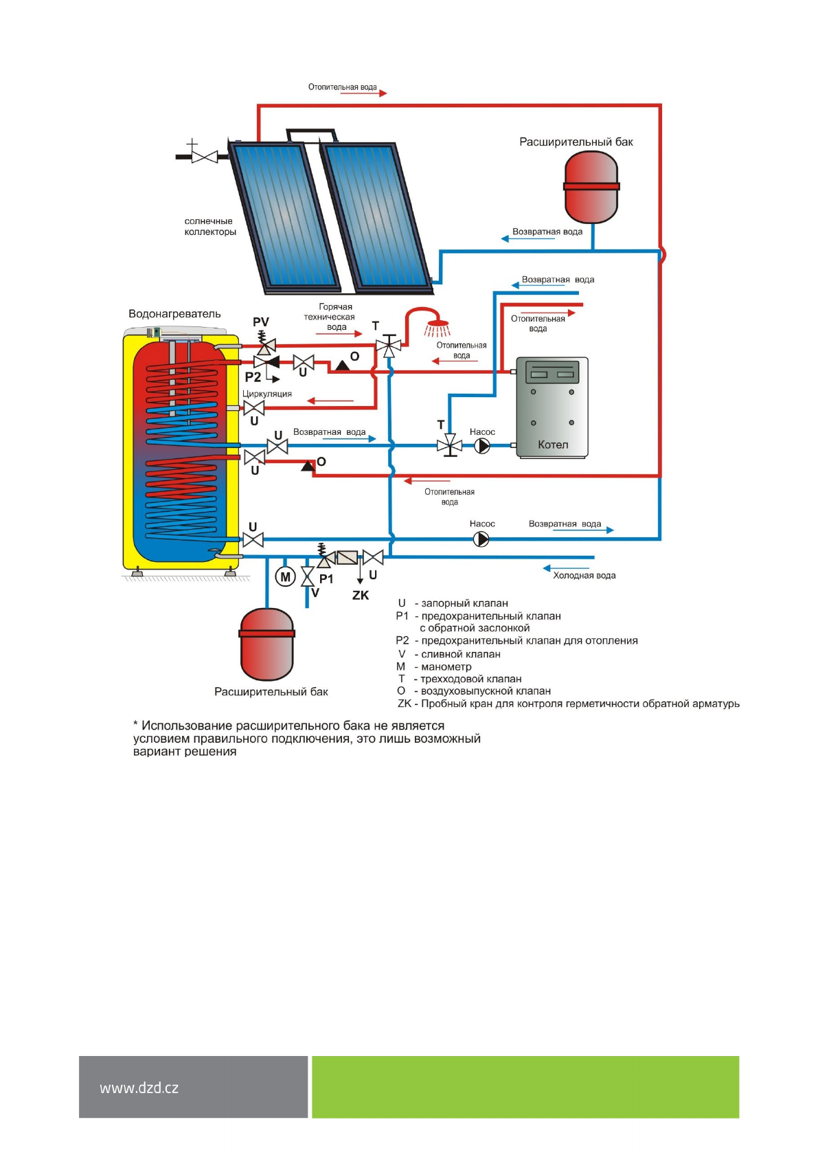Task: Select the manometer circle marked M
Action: click(285, 577)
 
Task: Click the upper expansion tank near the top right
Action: click(591, 186)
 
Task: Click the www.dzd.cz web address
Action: click(139, 1088)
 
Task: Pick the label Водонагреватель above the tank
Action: click(174, 314)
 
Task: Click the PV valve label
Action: click(261, 322)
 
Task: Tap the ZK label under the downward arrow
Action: click(361, 595)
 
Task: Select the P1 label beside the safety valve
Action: click(326, 578)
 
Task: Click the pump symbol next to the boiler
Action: click(482, 446)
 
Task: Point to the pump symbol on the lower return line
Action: click(482, 539)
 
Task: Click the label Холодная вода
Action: click(584, 576)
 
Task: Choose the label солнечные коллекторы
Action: click(209, 227)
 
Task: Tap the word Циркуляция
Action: click(267, 394)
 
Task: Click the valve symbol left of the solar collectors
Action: click(204, 157)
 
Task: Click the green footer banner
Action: click(525, 1087)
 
